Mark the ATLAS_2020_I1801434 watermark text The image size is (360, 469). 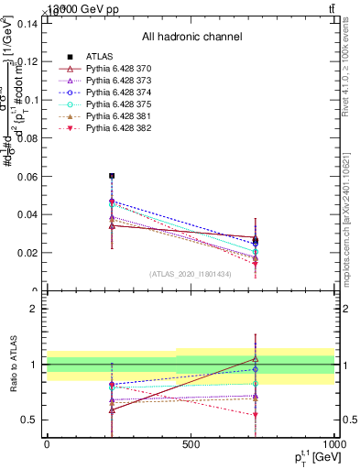(x=191, y=274)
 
